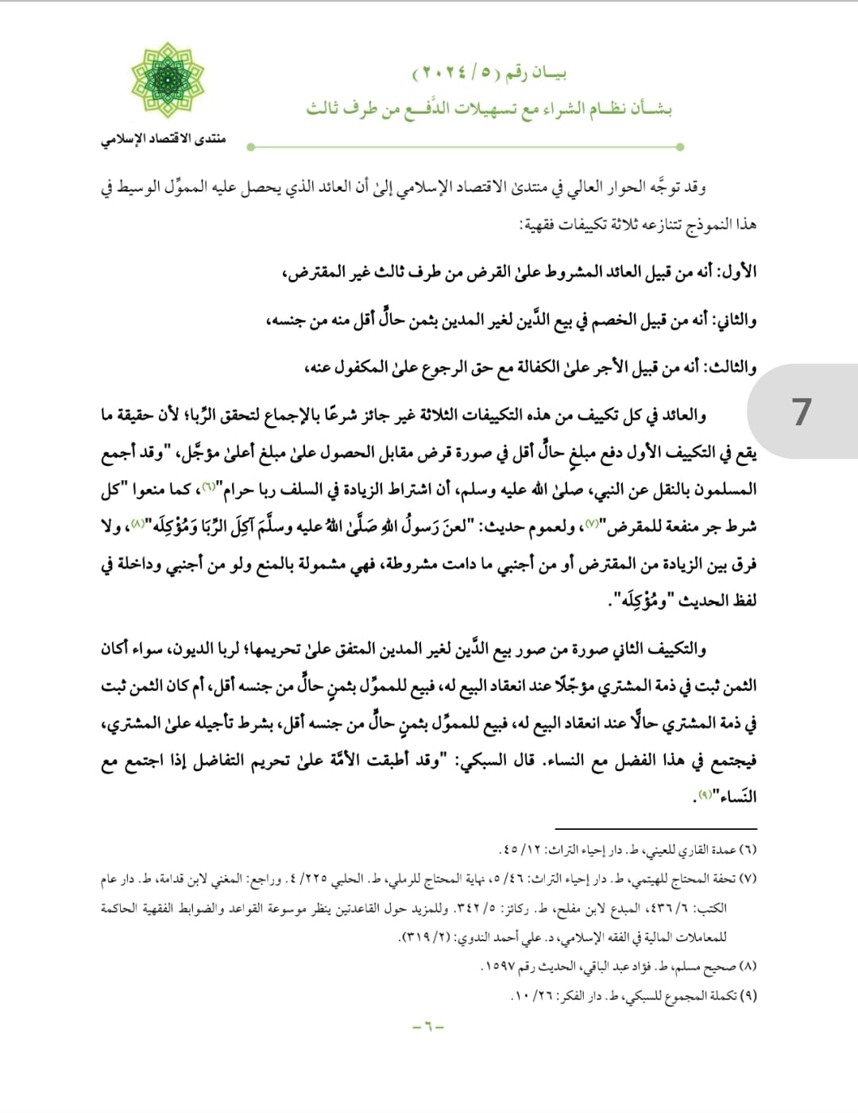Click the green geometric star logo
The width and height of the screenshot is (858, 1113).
[x=168, y=82]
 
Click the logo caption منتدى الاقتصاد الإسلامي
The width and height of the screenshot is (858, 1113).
[x=163, y=139]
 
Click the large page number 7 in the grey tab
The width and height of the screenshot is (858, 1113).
[x=802, y=411]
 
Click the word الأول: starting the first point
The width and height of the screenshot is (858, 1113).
[x=737, y=272]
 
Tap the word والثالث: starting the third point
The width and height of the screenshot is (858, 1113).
[x=731, y=367]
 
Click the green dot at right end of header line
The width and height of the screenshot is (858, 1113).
[x=680, y=147]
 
